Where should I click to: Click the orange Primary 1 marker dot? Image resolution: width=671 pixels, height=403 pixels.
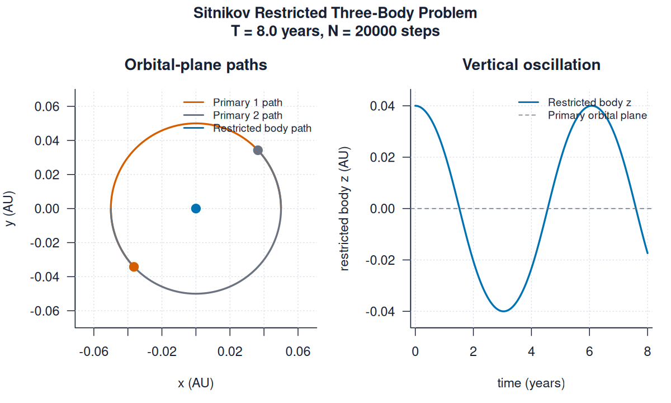(x=134, y=266)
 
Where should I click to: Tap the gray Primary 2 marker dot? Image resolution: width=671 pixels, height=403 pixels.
(x=258, y=150)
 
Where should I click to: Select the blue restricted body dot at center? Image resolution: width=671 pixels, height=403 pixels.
(x=196, y=208)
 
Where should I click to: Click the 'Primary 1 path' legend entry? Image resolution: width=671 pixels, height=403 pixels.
(x=247, y=102)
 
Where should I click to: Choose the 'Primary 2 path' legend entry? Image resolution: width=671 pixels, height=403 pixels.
(x=247, y=115)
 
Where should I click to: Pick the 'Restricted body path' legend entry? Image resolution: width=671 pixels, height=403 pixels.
(x=262, y=128)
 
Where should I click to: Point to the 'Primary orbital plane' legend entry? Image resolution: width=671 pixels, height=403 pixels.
(x=597, y=115)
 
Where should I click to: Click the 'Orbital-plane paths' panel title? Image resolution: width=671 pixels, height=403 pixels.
(x=196, y=65)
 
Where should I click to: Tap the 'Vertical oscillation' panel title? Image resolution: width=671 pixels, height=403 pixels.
(x=531, y=65)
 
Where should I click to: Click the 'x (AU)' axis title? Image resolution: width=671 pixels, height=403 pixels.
(x=196, y=383)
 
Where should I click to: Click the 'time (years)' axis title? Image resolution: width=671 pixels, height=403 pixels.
(x=531, y=383)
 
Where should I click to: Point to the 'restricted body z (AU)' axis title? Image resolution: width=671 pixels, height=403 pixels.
(x=345, y=208)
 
